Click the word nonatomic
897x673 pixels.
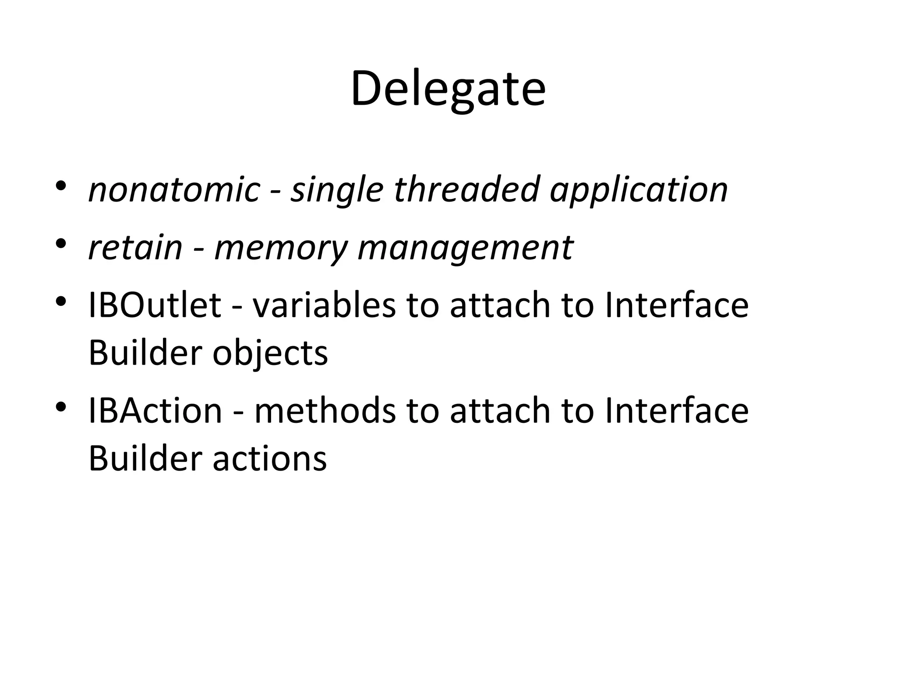pyautogui.click(x=174, y=190)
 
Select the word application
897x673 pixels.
pyautogui.click(x=639, y=190)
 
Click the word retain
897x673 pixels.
pyautogui.click(x=135, y=248)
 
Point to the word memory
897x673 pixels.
pyautogui.click(x=280, y=248)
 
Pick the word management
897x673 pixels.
pyautogui.click(x=465, y=248)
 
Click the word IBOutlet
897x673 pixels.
pyautogui.click(x=155, y=305)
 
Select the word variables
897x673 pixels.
pyautogui.click(x=324, y=305)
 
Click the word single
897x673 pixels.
pyautogui.click(x=337, y=190)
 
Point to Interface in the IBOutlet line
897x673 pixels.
pyautogui.click(x=677, y=305)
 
